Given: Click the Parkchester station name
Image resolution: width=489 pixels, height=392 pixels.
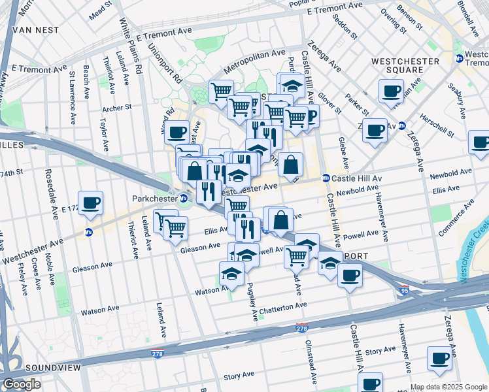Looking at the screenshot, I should tap(155, 197).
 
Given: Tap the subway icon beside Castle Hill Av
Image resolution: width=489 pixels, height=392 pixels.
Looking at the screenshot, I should tap(325, 178).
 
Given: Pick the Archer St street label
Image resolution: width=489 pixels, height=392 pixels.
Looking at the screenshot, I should tap(117, 107).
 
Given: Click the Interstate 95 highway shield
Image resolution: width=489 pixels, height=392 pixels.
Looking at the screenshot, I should tap(405, 289).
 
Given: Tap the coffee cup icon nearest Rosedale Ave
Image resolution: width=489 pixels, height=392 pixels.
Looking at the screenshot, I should tap(90, 202).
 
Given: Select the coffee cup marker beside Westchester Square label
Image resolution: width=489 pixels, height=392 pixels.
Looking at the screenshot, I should tap(391, 91).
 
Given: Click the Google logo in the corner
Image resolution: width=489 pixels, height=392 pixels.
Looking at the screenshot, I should tap(22, 385).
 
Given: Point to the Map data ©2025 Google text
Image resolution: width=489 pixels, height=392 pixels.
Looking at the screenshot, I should tap(448, 387).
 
